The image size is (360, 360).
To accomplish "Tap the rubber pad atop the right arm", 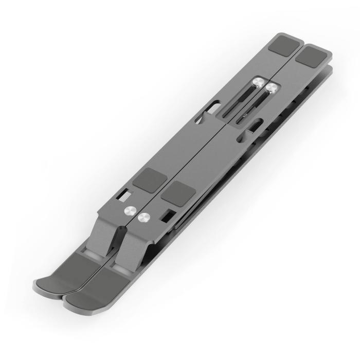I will click(x=313, y=55).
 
